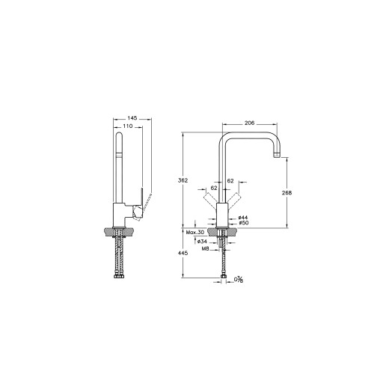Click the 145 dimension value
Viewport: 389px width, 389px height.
pos(132,118)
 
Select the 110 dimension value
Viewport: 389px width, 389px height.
pos(128,126)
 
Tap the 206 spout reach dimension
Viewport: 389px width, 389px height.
pos(249,123)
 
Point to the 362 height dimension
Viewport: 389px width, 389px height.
pos(183,180)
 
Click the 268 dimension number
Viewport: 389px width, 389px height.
pos(287,192)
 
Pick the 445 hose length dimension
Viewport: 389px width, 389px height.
pos(183,253)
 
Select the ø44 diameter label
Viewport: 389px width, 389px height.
pos(243,218)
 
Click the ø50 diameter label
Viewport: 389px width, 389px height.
pos(244,223)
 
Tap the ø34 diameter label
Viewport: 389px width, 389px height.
pos(202,242)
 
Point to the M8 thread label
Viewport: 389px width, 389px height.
pos(205,248)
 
